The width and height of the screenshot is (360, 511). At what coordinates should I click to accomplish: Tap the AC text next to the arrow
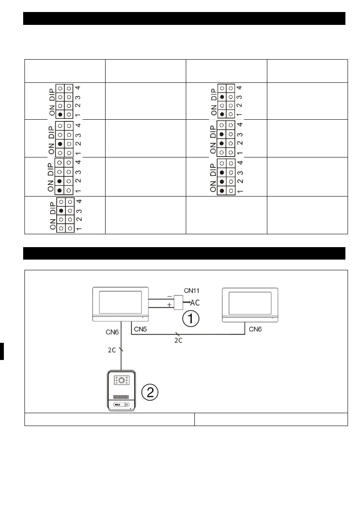[195, 303]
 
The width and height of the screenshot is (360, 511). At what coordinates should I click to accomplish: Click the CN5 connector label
[142, 330]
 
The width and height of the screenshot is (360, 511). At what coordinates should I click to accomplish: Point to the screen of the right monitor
[250, 302]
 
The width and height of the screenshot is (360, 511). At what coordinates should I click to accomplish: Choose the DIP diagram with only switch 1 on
[64, 101]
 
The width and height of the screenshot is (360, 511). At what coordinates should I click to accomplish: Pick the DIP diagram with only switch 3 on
[64, 215]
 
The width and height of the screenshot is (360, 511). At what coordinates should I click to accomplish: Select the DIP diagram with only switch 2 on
[64, 139]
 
